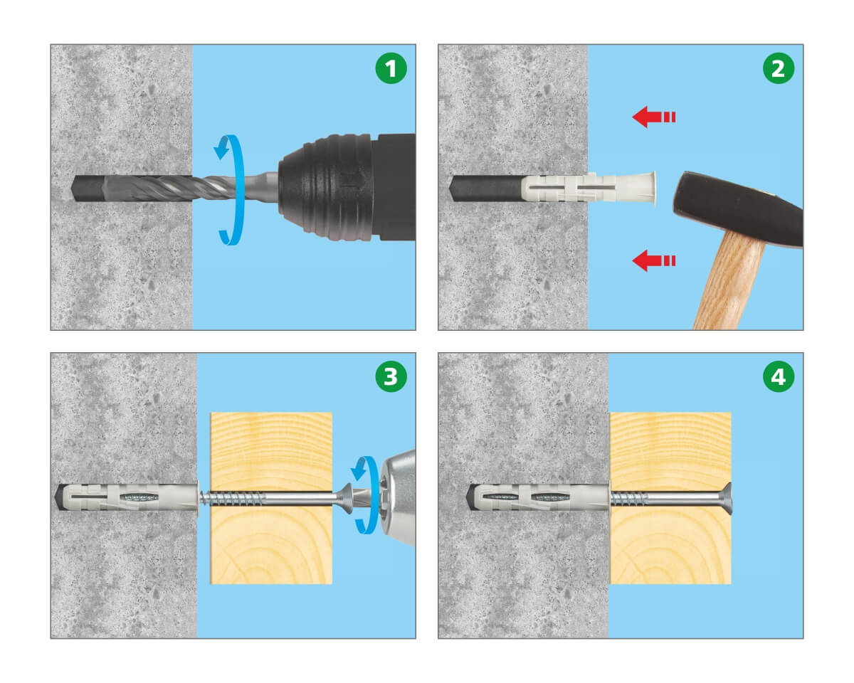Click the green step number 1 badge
(391, 68)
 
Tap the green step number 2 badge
(778, 68)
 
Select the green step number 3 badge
(391, 376)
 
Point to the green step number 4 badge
(778, 376)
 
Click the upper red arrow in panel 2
(653, 117)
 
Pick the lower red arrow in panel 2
(653, 260)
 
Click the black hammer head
(738, 208)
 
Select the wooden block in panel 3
(271, 498)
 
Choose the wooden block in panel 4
(670, 498)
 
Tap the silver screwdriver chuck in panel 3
(398, 498)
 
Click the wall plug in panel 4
(539, 497)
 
